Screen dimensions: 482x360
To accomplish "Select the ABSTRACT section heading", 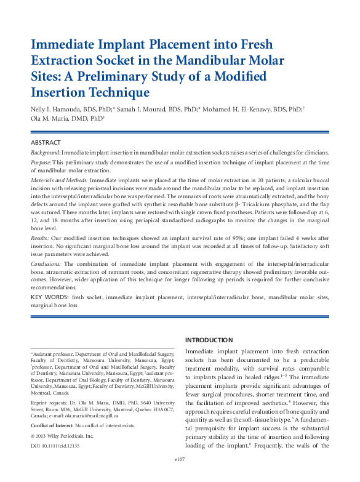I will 46,142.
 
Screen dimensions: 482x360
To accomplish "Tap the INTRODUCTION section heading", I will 209,340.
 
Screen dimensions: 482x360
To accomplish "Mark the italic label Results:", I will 41,236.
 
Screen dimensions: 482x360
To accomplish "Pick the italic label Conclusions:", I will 47,262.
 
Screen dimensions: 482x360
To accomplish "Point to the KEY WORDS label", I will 49,297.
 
